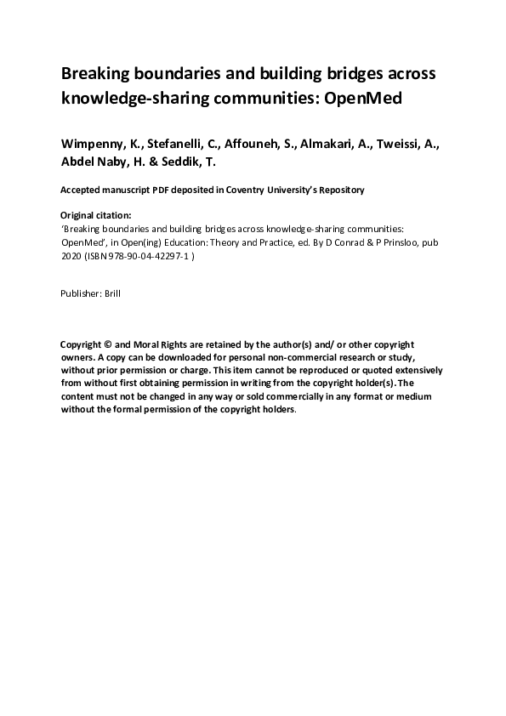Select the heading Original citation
[96, 216]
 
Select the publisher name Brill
[113, 293]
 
